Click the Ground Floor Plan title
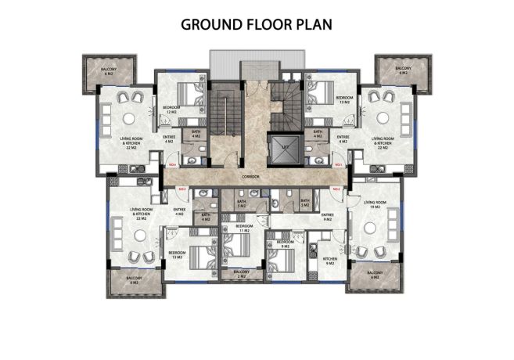[x=257, y=24]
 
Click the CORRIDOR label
[x=251, y=177]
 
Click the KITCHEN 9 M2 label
[x=330, y=260]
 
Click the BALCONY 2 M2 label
[x=243, y=275]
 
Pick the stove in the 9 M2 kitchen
[x=311, y=251]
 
